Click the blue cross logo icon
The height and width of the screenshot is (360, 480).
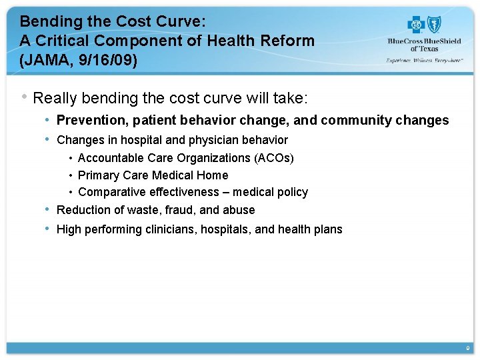tap(416, 25)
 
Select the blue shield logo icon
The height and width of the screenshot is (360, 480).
tap(435, 25)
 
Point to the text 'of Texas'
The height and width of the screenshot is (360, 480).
tap(424, 49)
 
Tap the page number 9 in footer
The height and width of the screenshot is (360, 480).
tap(468, 349)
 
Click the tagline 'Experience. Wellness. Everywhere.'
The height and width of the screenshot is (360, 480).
tap(424, 60)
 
